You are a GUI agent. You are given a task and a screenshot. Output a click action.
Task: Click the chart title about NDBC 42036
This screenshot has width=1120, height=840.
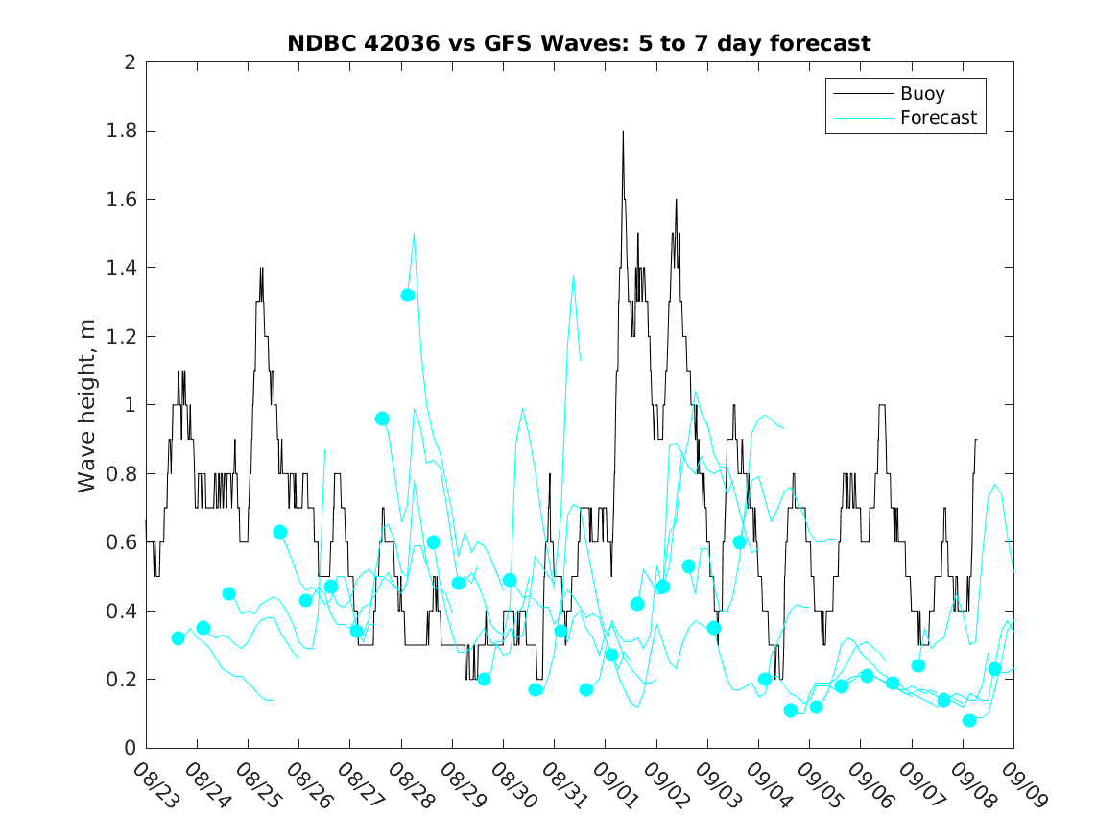click(579, 43)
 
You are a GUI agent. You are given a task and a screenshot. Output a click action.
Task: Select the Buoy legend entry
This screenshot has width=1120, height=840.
click(922, 94)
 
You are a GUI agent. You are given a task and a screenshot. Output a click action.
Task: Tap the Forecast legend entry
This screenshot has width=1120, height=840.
click(938, 118)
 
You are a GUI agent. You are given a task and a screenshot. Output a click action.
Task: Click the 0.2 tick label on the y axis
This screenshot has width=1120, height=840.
click(123, 680)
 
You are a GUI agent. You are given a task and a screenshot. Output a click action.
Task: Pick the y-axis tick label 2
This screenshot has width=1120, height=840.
click(129, 62)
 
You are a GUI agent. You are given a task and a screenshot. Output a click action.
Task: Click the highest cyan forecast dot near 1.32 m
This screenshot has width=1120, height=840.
click(407, 295)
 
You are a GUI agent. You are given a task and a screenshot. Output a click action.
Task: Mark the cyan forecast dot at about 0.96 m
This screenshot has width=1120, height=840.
click(382, 419)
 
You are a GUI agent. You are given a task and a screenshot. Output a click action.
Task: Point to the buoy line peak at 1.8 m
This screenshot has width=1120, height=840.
click(623, 132)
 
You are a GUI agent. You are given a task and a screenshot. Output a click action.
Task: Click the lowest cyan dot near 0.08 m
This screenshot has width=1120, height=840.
click(969, 720)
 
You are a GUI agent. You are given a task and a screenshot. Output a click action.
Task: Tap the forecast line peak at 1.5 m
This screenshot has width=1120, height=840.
click(414, 234)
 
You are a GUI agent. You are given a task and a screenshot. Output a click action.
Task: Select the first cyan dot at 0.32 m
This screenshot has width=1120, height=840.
click(178, 637)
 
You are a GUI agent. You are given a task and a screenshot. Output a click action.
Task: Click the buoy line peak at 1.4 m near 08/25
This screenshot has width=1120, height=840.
click(261, 269)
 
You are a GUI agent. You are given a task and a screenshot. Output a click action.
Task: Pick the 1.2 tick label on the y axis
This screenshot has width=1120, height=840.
click(123, 337)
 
